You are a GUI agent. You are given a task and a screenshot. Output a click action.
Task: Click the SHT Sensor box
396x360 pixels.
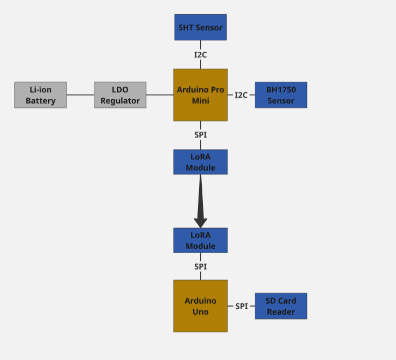(x=200, y=27)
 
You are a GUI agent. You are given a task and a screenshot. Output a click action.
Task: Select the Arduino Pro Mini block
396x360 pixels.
(x=200, y=95)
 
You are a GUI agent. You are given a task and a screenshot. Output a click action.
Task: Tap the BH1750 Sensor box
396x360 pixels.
(x=281, y=95)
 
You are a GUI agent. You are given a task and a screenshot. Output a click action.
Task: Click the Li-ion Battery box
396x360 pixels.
(x=40, y=95)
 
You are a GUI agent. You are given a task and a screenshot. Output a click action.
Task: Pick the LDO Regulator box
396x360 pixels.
(x=120, y=95)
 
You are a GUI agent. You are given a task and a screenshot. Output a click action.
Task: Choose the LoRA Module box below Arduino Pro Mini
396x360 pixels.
(x=200, y=162)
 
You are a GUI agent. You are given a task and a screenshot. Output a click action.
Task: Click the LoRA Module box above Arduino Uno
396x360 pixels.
(x=200, y=240)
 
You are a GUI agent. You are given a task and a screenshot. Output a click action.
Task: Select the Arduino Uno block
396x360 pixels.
(x=200, y=306)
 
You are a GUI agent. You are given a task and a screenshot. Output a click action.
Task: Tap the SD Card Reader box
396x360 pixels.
(x=281, y=306)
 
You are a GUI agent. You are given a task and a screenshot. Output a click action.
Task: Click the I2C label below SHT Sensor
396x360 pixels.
(x=200, y=55)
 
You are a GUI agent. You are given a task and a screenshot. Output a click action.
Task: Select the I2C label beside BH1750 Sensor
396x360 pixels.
(x=241, y=95)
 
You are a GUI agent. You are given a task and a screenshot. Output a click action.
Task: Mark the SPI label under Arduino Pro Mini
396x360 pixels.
(x=200, y=135)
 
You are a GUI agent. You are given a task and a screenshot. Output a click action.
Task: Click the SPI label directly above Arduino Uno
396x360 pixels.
(x=200, y=267)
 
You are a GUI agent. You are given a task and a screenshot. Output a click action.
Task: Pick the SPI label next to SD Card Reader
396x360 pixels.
(x=242, y=306)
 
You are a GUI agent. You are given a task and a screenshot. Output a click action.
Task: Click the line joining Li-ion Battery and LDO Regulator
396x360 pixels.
(x=80, y=95)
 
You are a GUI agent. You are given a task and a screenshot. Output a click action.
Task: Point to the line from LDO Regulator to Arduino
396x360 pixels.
(x=160, y=95)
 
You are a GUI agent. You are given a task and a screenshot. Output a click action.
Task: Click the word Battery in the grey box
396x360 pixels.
(x=40, y=101)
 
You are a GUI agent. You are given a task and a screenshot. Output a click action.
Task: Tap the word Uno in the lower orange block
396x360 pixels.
(x=200, y=311)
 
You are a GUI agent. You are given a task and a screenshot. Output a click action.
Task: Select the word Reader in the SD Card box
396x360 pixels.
(x=281, y=312)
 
